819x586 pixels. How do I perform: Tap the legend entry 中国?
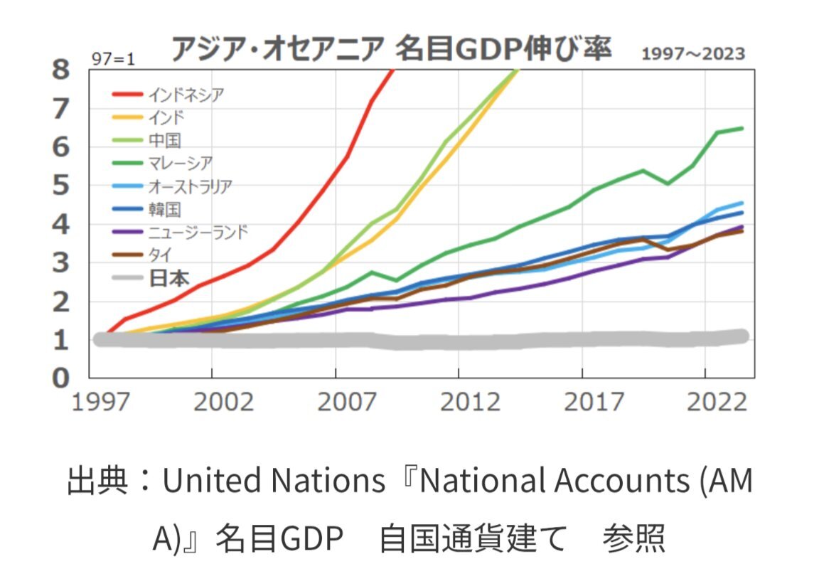165,139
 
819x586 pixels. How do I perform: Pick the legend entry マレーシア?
180,163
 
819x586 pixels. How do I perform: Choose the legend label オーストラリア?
190,186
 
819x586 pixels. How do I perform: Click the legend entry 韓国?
165,209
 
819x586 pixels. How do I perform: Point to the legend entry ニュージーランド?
198,232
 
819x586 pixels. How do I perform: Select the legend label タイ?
161,255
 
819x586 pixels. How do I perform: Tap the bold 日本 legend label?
169,278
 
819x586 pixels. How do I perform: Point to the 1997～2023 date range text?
693,54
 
